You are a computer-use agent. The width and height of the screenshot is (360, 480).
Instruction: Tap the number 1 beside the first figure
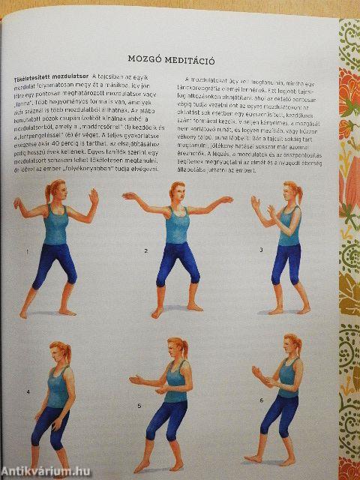(28, 252)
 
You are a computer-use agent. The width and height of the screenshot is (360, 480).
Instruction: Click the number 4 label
(28, 391)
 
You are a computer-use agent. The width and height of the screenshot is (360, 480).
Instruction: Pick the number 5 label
(139, 406)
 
